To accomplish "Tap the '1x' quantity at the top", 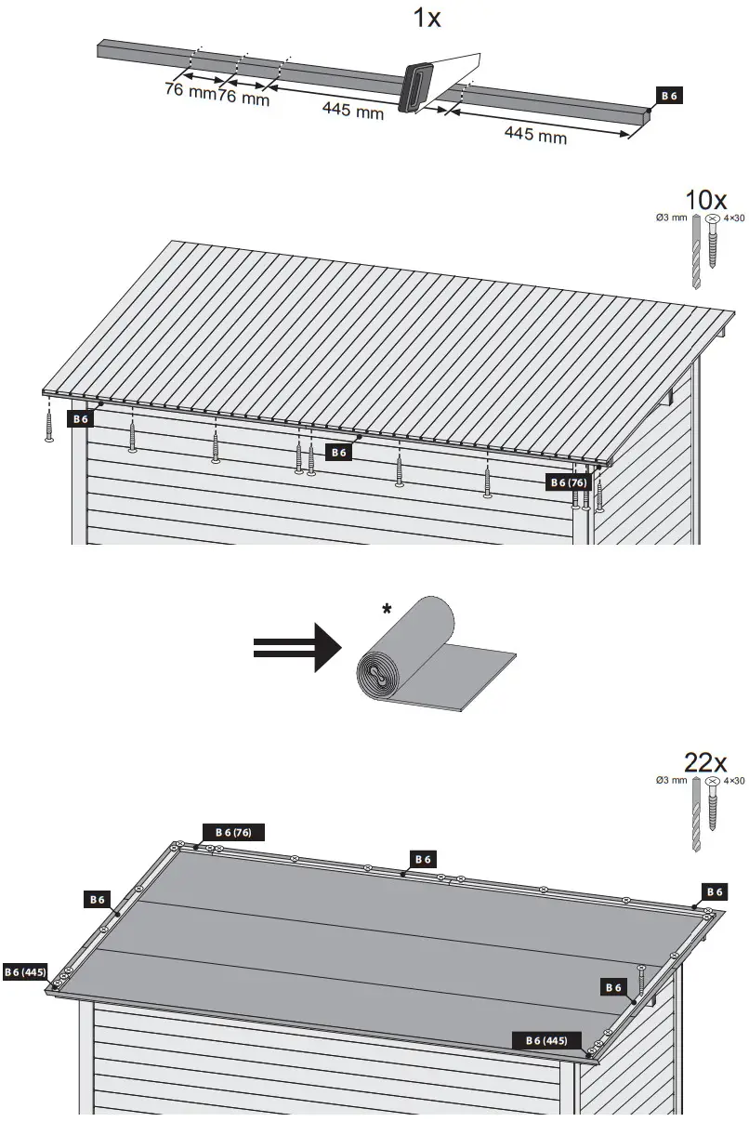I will pos(427,18).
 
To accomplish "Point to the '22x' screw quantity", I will pos(706,762).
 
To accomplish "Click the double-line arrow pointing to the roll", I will pos(297,646).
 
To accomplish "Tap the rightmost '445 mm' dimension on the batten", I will pos(535,136).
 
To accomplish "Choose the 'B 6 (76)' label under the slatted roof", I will pos(568,482).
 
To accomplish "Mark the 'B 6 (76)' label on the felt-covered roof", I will pos(233,831).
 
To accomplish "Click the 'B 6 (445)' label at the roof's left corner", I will pos(25,971).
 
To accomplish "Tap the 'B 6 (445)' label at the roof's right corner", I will pos(547,1039).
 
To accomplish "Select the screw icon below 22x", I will pos(715,818).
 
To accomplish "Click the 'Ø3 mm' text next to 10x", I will pos(672,218).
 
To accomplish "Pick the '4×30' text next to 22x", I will pos(733,781).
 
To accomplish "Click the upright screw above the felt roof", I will pos(641,981).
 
